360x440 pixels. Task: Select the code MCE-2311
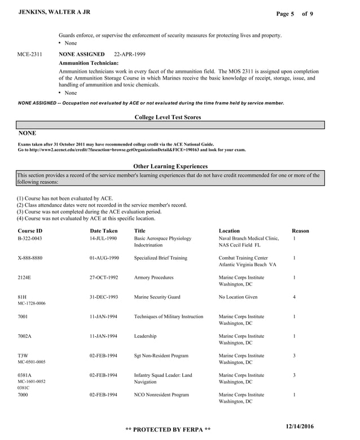coord(30,54)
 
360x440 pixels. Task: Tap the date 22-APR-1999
coord(129,54)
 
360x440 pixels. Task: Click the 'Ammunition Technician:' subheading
coord(89,63)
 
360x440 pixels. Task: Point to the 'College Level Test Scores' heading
coord(168,117)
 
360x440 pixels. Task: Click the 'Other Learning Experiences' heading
coord(170,166)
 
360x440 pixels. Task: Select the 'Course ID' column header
coord(30,231)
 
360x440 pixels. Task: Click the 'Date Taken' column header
coord(104,231)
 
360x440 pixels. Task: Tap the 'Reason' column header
coord(300,231)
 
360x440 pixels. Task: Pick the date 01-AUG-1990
coord(103,258)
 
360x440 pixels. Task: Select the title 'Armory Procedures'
coord(154,278)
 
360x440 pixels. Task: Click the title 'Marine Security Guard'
coord(157,297)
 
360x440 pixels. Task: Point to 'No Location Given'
coord(238,297)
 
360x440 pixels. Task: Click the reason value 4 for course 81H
coord(295,297)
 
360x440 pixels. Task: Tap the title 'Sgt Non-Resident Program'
coord(161,356)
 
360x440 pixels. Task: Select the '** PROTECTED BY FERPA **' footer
coord(168,430)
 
